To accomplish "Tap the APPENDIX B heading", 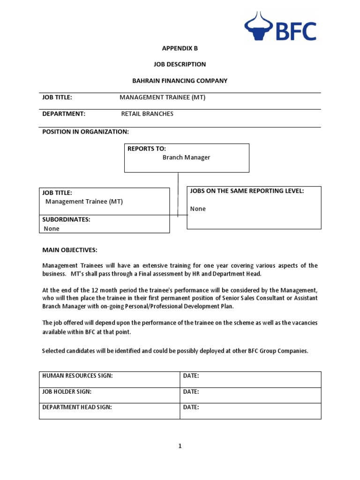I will (177, 48).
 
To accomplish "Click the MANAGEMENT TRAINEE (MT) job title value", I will (162, 97).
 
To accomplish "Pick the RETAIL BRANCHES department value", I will (147, 114).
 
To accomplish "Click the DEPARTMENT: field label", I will (64, 114).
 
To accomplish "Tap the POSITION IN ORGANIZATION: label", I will (85, 132).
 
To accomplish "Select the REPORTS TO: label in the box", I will (147, 149).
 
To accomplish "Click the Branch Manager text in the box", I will (186, 157).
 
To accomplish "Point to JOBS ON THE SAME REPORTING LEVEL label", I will (247, 191).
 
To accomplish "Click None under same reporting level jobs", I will (198, 209).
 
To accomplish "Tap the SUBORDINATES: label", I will (66, 219).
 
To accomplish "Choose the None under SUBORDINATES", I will (52, 229).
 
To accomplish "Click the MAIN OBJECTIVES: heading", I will (70, 250).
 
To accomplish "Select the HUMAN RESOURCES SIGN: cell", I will (77, 376).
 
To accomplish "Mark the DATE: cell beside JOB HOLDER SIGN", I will (191, 391).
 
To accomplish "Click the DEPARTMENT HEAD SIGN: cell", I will (77, 407).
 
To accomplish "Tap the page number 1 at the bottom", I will (180, 446).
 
